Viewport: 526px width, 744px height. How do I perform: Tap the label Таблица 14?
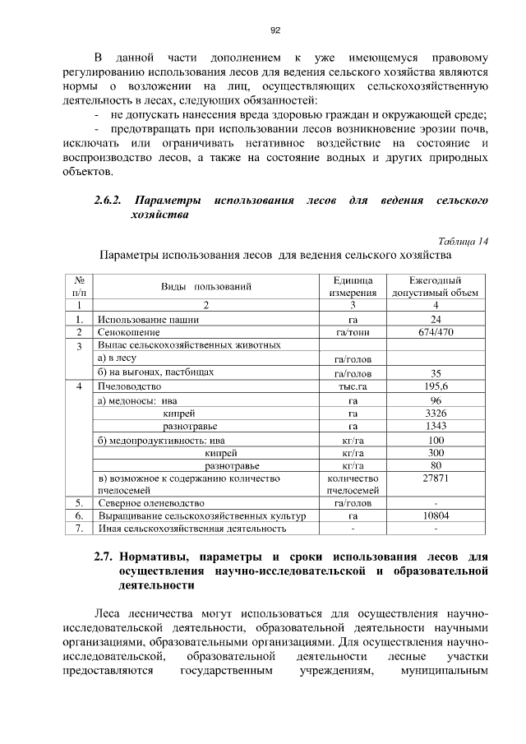tap(464, 241)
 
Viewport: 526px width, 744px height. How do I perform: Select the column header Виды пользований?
tap(205, 287)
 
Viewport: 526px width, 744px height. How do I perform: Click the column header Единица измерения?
tap(353, 287)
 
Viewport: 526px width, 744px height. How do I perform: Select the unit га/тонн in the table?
tap(353, 332)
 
